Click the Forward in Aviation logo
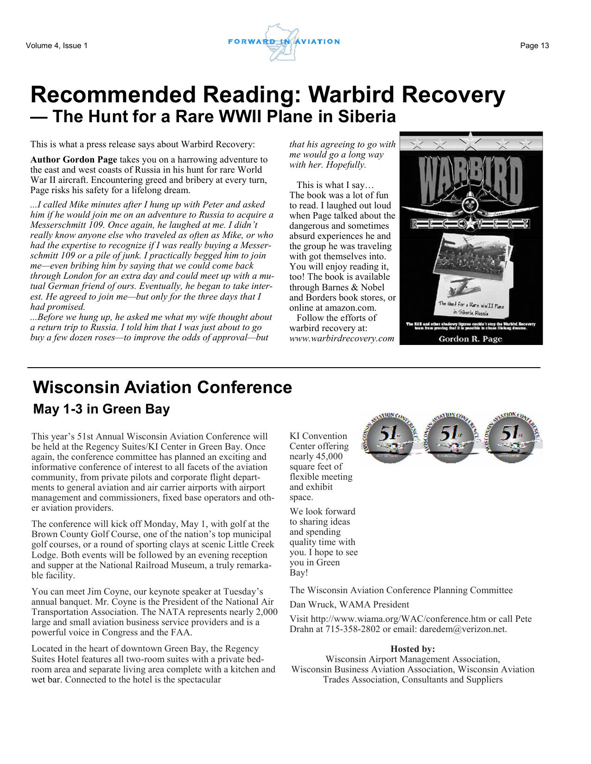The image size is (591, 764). (x=284, y=42)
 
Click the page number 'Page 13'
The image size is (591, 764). (x=534, y=45)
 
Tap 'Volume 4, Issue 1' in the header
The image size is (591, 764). (x=57, y=45)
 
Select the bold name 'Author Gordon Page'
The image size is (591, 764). (x=74, y=160)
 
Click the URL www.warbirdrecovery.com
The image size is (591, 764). (x=342, y=338)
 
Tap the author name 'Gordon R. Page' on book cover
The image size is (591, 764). (x=470, y=338)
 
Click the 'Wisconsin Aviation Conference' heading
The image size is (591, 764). (x=162, y=387)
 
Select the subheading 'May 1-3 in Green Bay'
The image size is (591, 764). (x=102, y=409)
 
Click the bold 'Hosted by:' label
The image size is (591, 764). (x=413, y=649)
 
